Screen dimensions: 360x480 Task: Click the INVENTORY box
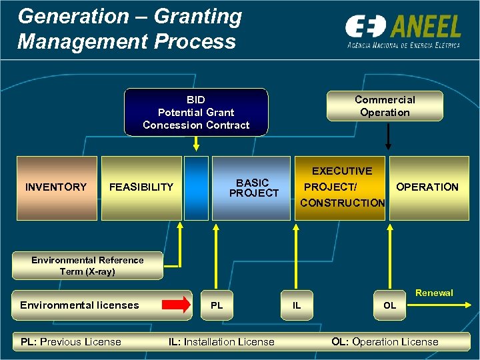click(x=57, y=187)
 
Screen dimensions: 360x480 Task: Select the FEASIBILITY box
click(x=141, y=187)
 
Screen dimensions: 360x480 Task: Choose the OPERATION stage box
click(x=427, y=187)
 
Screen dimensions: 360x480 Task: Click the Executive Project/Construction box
click(x=341, y=187)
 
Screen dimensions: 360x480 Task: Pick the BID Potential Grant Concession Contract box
click(x=196, y=112)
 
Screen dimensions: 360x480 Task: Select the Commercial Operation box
click(x=385, y=106)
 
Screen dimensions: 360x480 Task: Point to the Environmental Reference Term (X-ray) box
click(x=87, y=266)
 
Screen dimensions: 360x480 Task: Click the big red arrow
click(x=177, y=305)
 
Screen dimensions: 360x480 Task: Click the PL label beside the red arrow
click(x=217, y=305)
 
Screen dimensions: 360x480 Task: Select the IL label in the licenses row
click(x=297, y=305)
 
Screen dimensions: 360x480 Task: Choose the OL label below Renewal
click(x=389, y=305)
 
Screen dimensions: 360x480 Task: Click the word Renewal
click(x=433, y=293)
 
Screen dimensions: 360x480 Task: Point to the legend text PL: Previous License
click(x=71, y=342)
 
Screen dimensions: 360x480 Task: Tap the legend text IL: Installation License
click(x=221, y=342)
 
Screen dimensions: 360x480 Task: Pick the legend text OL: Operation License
click(x=385, y=342)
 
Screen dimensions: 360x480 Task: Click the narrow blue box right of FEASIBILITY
click(x=196, y=188)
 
